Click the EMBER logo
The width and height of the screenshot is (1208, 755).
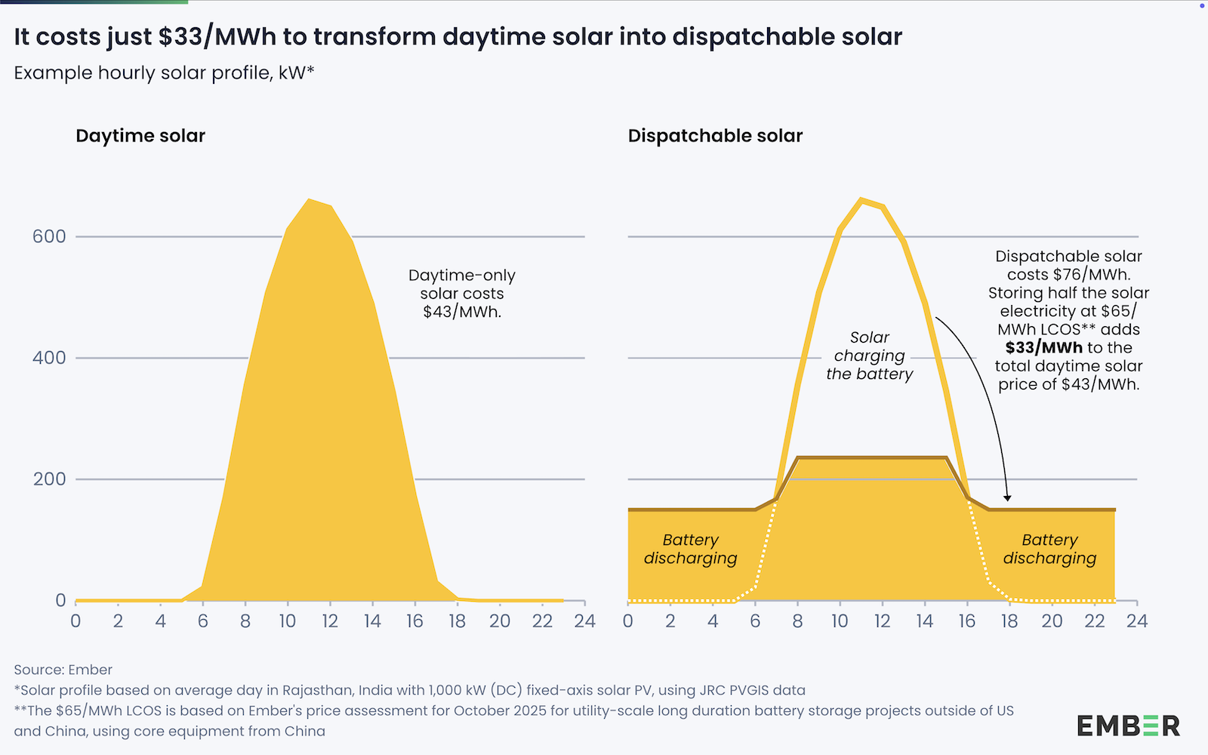click(x=1128, y=726)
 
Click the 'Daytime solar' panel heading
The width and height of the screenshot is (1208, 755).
click(x=140, y=136)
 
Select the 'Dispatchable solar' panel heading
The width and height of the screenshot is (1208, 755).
click(x=715, y=136)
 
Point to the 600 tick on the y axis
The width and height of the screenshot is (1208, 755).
click(x=49, y=236)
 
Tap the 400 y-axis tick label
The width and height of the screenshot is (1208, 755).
click(x=49, y=358)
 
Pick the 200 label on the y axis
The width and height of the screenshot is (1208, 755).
click(x=49, y=479)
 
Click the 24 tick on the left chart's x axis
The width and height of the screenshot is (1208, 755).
click(x=584, y=621)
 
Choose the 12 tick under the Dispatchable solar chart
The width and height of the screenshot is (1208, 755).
click(x=882, y=621)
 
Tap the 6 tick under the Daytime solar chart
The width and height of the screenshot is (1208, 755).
click(x=202, y=621)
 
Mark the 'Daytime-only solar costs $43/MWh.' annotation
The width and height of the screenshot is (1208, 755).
click(x=461, y=294)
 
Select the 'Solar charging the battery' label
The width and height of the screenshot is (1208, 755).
click(x=869, y=356)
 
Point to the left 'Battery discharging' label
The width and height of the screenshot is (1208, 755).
click(x=690, y=549)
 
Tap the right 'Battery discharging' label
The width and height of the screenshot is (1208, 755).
click(x=1049, y=549)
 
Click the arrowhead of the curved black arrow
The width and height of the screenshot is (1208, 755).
click(x=1007, y=498)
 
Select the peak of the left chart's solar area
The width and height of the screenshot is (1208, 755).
click(x=309, y=200)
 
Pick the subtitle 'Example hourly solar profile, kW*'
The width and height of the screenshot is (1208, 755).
click(x=164, y=73)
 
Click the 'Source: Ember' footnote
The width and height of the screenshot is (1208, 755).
click(x=63, y=670)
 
